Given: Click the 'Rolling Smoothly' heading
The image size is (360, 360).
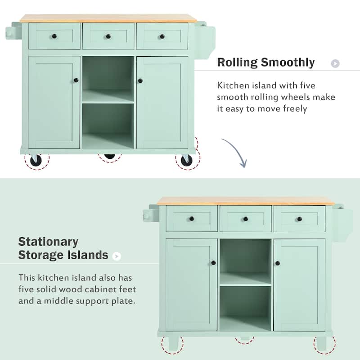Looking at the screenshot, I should point(265,62).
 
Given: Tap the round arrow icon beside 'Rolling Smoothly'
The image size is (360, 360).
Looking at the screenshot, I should point(335,63).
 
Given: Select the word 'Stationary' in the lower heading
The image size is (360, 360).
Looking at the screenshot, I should point(48,242).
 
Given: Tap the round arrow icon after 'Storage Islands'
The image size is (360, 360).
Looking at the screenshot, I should point(117,256).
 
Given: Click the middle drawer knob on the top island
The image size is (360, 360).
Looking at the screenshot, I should point(108,36).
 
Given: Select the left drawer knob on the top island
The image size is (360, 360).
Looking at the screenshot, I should point(54,36).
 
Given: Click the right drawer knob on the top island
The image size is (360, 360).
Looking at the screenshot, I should point(162,36).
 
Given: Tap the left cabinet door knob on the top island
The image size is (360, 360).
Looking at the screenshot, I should point(76,81).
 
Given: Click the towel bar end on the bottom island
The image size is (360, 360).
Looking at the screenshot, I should point(146,216).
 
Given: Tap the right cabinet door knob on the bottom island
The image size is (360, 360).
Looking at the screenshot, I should point(278,263).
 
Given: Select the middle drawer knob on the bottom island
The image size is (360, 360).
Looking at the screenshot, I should point(246,219).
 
